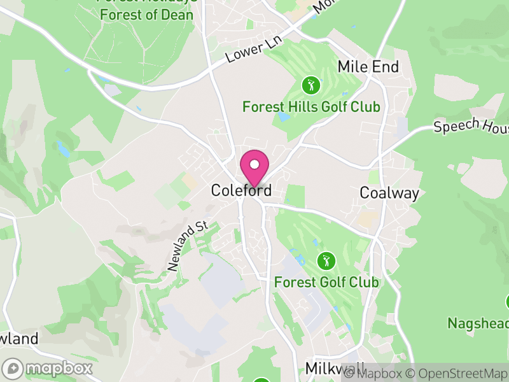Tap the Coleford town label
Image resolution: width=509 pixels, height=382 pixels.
(x=241, y=190)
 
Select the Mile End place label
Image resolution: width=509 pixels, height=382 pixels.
(x=368, y=67)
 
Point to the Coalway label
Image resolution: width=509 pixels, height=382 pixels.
(x=389, y=192)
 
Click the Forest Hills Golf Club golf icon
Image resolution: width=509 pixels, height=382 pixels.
(x=310, y=85)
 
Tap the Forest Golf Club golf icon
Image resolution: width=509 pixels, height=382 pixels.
(x=326, y=260)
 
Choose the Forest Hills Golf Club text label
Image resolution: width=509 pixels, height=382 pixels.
(x=311, y=106)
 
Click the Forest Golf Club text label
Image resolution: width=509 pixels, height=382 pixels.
(x=326, y=282)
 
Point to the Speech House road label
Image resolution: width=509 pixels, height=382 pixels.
(x=471, y=124)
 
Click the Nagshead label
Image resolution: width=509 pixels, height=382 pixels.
(x=477, y=323)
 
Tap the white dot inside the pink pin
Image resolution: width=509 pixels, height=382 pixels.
(x=254, y=164)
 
